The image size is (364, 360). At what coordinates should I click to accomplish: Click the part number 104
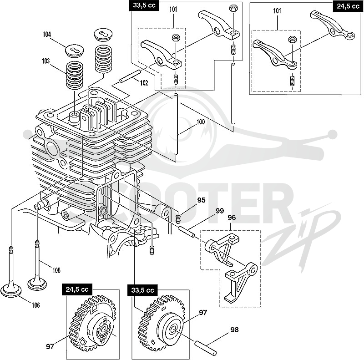pyautogui.click(x=47, y=35)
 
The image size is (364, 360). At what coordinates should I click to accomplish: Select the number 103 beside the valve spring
pyautogui.click(x=46, y=61)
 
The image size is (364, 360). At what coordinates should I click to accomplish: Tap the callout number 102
pyautogui.click(x=144, y=83)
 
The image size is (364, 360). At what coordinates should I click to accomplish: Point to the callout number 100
pyautogui.click(x=201, y=122)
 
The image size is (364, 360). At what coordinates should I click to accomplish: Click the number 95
pyautogui.click(x=202, y=200)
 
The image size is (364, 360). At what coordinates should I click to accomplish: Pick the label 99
pyautogui.click(x=220, y=211)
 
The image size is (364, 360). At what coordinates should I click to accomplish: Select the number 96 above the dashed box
pyautogui.click(x=232, y=218)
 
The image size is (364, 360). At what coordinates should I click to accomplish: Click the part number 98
pyautogui.click(x=234, y=330)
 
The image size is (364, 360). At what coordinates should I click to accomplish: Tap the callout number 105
pyautogui.click(x=56, y=270)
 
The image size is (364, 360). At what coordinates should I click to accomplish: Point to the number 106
pyautogui.click(x=36, y=305)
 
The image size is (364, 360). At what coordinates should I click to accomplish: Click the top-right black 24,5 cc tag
pyautogui.click(x=348, y=6)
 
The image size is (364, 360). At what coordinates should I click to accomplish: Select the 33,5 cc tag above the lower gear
pyautogui.click(x=142, y=290)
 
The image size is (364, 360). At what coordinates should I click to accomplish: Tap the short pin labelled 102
pyautogui.click(x=130, y=76)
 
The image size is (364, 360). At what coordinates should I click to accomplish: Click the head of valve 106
pyautogui.click(x=11, y=290)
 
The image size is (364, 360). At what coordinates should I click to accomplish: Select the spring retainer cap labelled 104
pyautogui.click(x=74, y=50)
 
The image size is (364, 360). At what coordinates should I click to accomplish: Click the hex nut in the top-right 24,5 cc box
pyautogui.click(x=292, y=40)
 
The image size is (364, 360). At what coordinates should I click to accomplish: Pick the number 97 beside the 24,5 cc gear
pyautogui.click(x=50, y=347)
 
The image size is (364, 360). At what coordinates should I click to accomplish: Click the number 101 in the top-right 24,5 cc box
pyautogui.click(x=277, y=10)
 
